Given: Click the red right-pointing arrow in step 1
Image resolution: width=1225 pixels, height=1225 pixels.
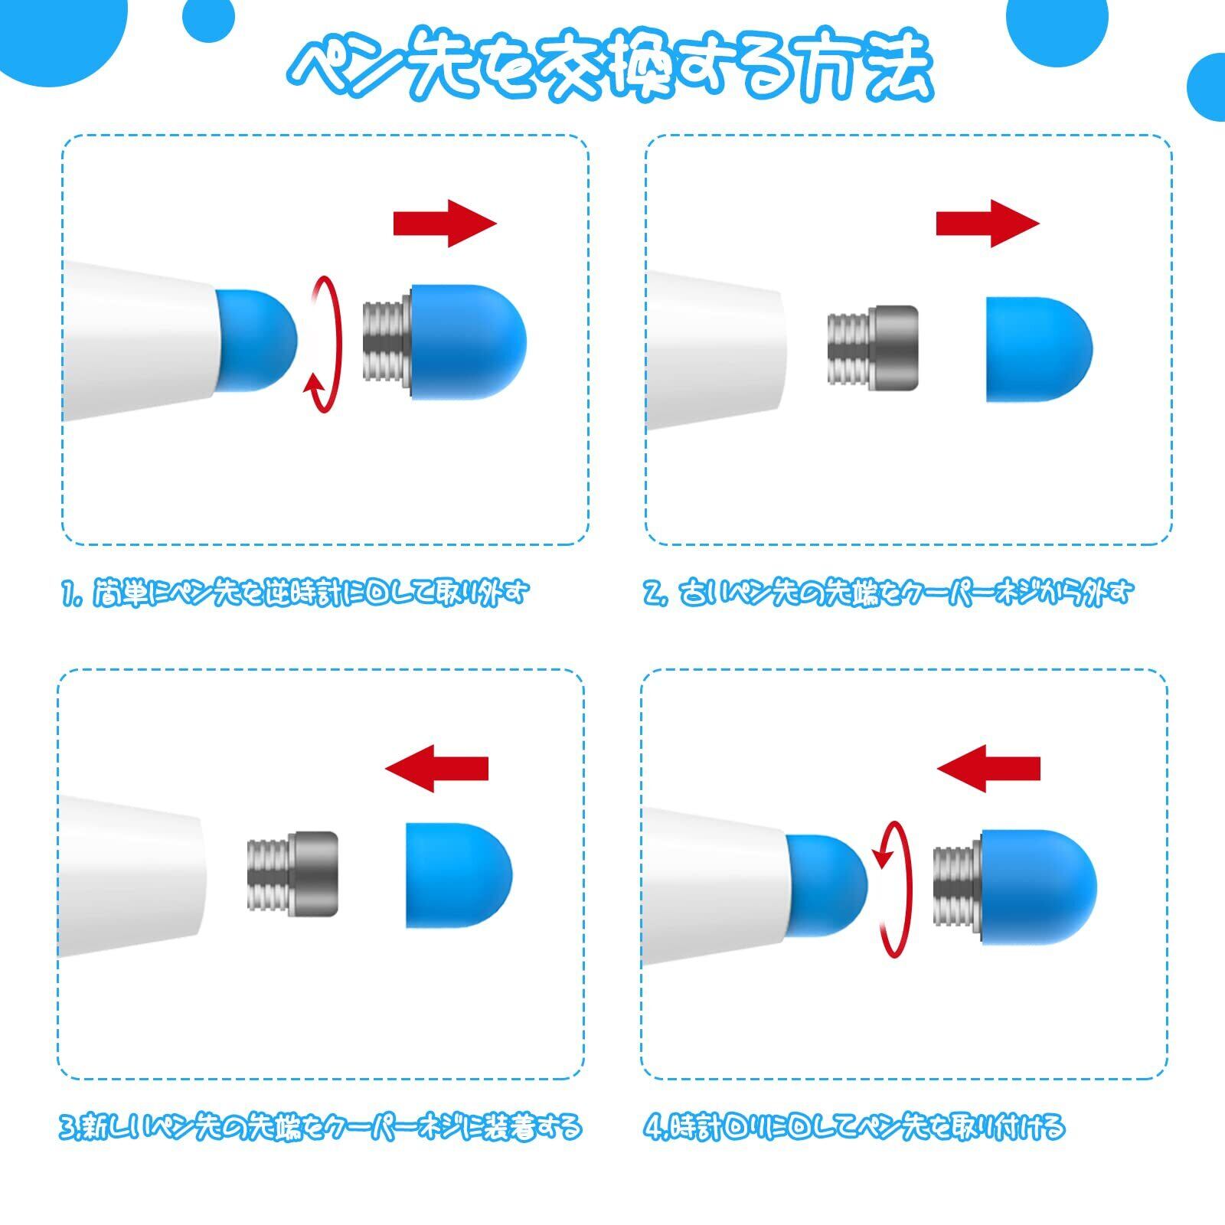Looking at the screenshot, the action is click(445, 224).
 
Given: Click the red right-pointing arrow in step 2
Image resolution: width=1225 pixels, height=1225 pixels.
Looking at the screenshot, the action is click(988, 224).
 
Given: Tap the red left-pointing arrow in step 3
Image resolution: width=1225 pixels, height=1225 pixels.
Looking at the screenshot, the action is click(436, 768).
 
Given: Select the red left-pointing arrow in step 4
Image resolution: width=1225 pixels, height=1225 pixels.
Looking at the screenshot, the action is click(988, 768).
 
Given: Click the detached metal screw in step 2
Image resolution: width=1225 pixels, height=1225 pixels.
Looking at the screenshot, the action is click(872, 345).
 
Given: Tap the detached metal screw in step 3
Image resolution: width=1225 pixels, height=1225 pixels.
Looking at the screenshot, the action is click(292, 872).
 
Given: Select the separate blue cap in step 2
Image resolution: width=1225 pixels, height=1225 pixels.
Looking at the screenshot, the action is click(1038, 350).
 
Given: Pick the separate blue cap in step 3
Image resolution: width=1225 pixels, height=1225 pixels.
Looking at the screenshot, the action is click(459, 875).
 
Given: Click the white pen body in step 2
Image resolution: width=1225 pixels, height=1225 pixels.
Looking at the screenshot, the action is click(715, 349).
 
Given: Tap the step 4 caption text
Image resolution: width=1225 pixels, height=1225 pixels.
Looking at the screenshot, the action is click(853, 1127).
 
